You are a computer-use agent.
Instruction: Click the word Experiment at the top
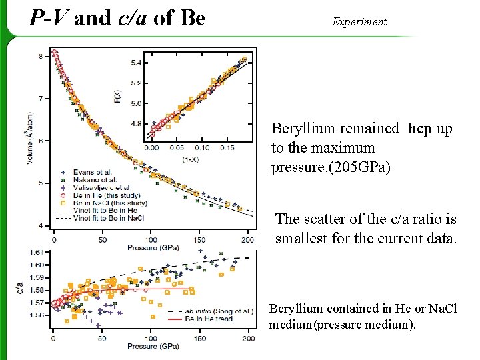point(359,21)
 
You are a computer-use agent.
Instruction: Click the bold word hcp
point(420,129)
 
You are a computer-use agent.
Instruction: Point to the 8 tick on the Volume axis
point(41,56)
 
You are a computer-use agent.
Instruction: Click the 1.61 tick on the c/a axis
point(38,253)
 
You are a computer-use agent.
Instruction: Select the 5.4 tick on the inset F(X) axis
point(135,63)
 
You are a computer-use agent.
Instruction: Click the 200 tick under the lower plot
point(247,339)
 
